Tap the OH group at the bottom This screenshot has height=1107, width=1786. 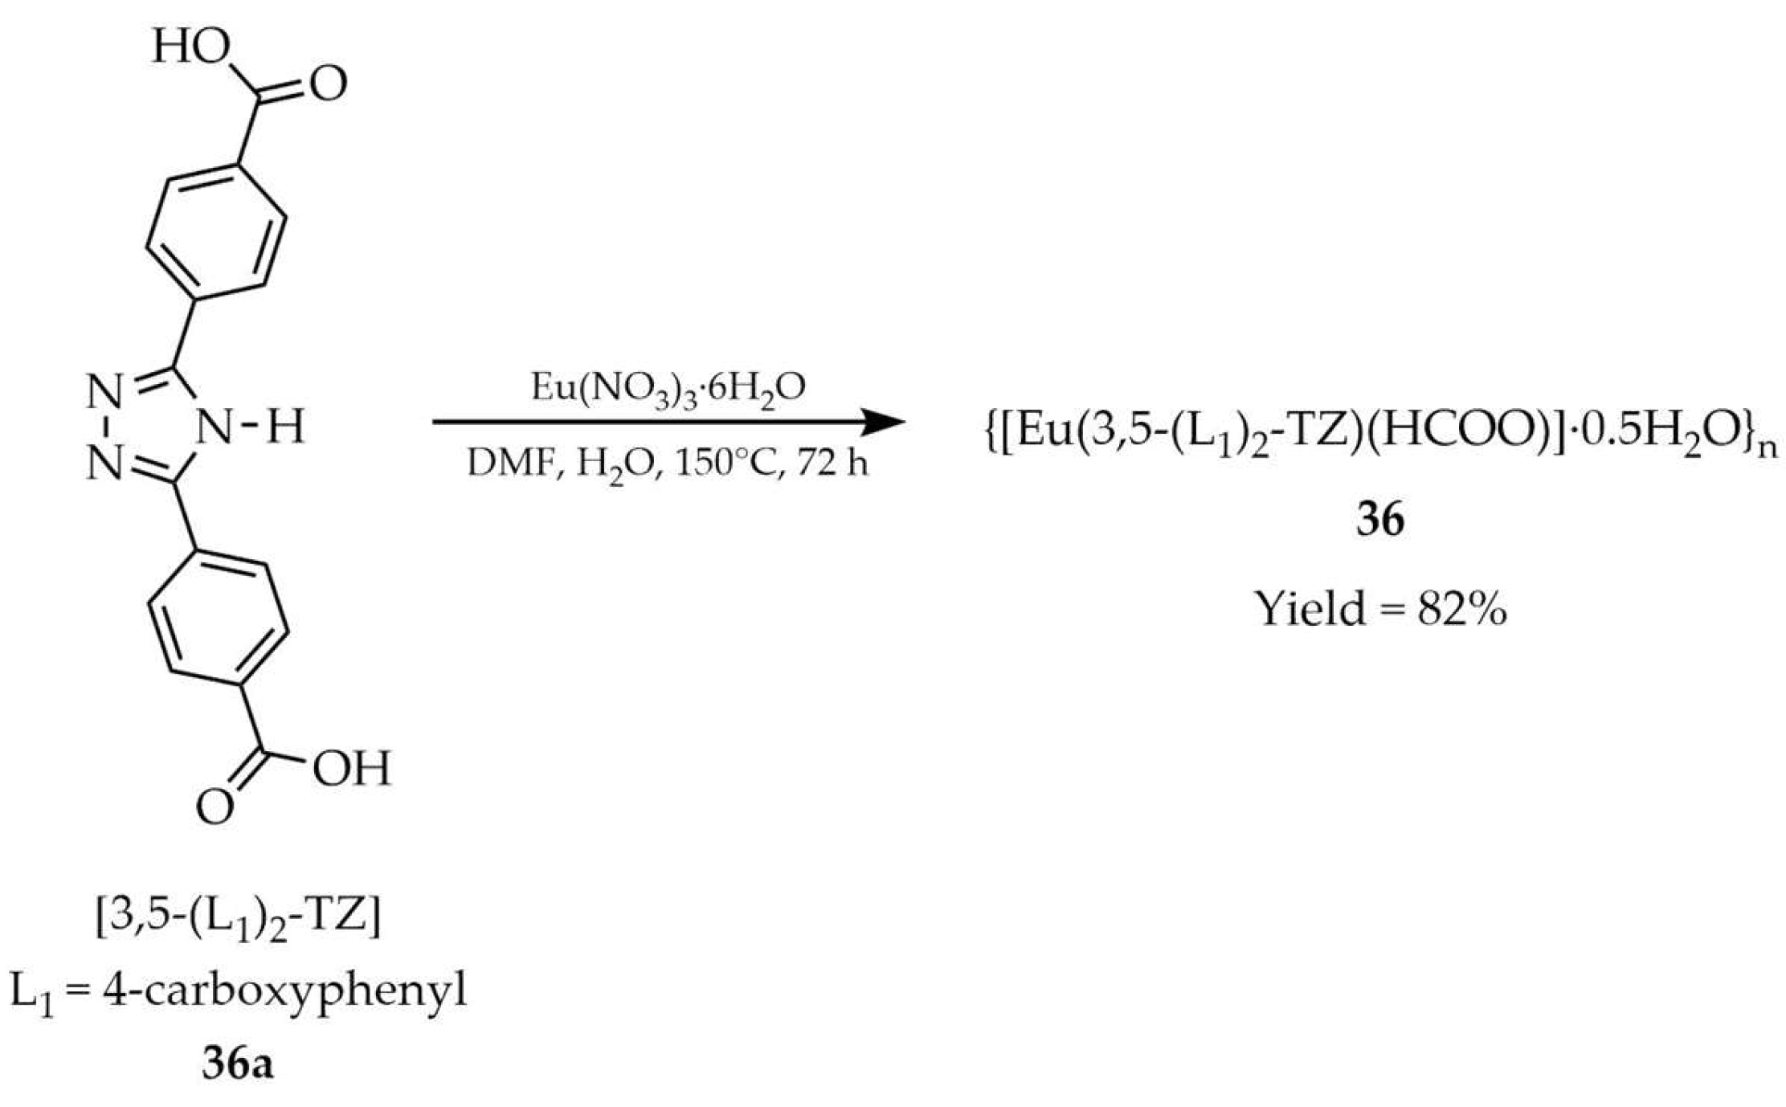tap(351, 768)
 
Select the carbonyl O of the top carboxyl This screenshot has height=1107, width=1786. tap(328, 84)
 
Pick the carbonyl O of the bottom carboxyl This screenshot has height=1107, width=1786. tap(215, 807)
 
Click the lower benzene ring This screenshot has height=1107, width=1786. tap(218, 618)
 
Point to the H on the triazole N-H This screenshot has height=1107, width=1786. tap(285, 427)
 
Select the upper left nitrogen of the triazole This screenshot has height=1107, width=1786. tap(104, 393)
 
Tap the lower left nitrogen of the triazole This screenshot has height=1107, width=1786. tap(104, 464)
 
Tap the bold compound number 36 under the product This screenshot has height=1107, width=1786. tap(1380, 520)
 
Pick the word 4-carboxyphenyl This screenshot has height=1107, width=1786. tap(284, 993)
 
